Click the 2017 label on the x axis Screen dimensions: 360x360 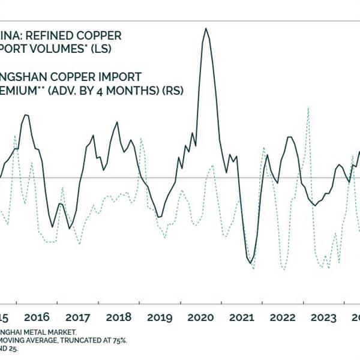[x=77, y=317]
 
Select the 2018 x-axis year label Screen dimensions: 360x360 [x=119, y=317]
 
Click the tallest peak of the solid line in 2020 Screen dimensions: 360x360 [x=206, y=28]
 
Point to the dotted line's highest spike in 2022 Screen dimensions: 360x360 [x=307, y=109]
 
